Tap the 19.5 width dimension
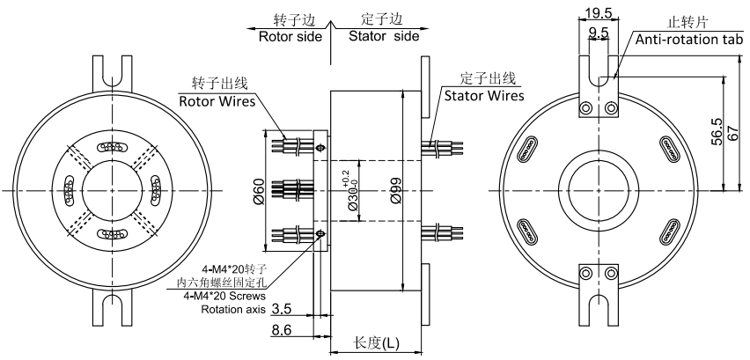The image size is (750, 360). tap(599, 12)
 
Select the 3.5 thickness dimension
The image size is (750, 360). tap(283, 309)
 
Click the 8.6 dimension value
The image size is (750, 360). tap(283, 330)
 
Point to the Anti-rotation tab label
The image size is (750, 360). tap(688, 40)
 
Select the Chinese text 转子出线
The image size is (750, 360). tap(219, 84)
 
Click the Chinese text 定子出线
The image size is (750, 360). tap(485, 78)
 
